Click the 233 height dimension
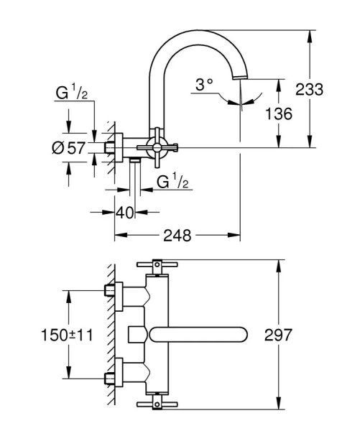[x=310, y=90]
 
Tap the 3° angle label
[x=205, y=85]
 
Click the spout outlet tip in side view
[x=240, y=77]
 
